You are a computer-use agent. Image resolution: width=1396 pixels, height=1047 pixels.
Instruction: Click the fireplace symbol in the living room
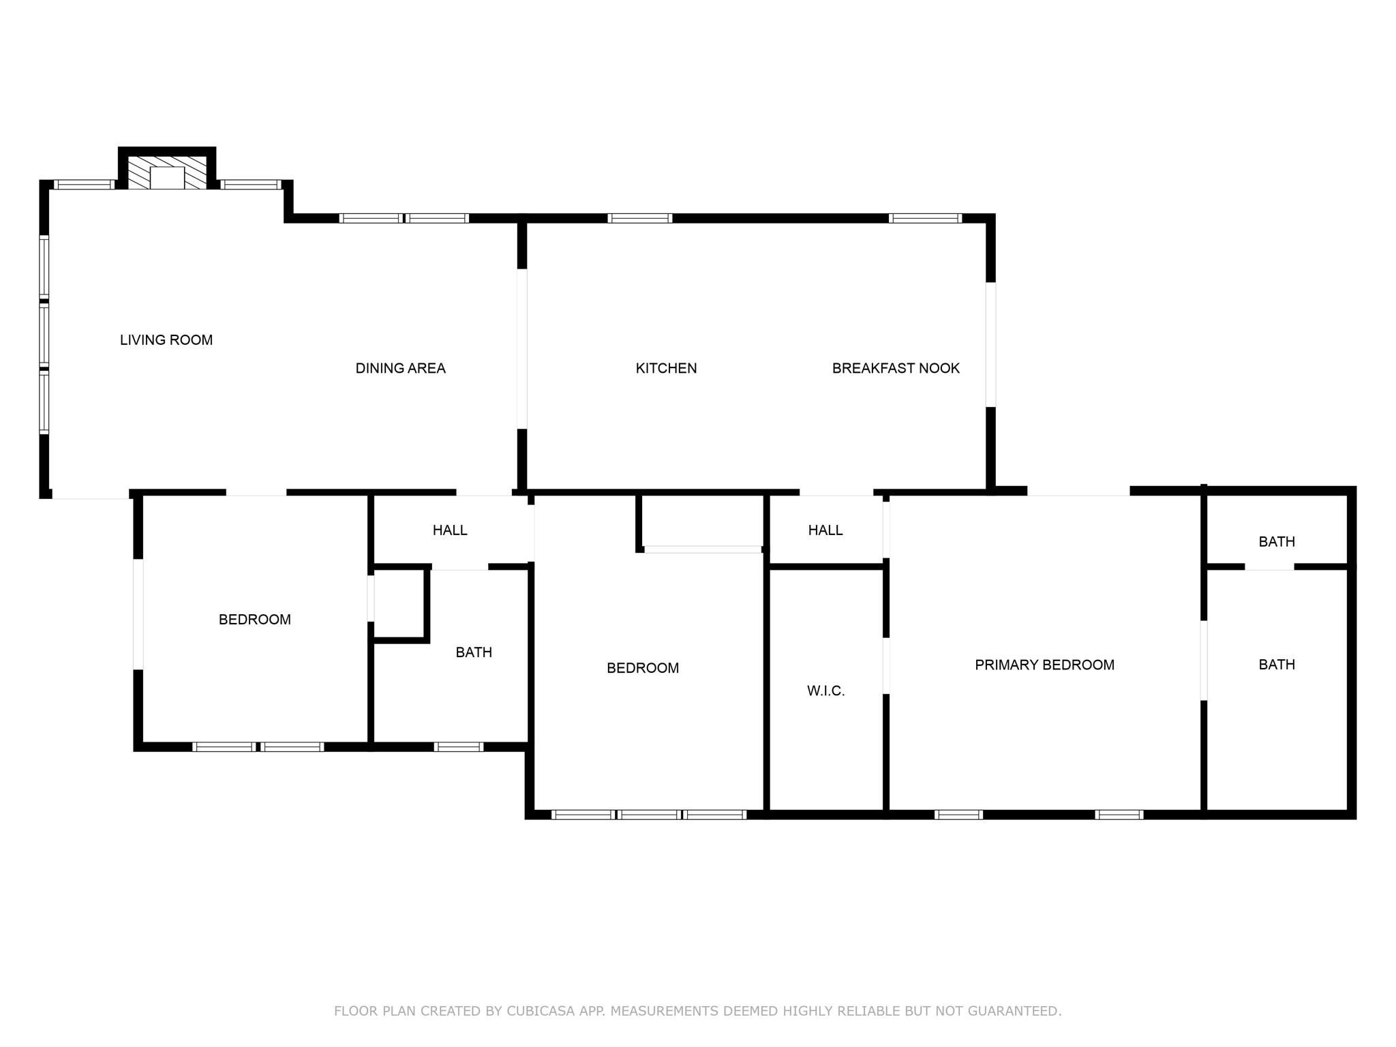click(167, 173)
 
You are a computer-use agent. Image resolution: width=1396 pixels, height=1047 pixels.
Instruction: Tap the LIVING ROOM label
click(166, 339)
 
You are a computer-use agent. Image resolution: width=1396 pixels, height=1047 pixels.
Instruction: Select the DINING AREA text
click(400, 368)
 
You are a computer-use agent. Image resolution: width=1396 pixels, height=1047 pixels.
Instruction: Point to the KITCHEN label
click(666, 368)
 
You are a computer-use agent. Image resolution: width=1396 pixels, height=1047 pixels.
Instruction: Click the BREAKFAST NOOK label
click(895, 368)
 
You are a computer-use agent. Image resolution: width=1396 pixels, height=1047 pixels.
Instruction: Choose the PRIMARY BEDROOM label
click(1044, 665)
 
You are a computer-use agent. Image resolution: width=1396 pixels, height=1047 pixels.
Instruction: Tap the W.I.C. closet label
click(825, 691)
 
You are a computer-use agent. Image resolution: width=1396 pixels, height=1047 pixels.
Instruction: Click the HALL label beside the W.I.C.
click(825, 530)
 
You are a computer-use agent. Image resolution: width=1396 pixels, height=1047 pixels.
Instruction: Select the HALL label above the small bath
click(450, 530)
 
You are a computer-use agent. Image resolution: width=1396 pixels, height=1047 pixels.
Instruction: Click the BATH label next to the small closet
click(474, 652)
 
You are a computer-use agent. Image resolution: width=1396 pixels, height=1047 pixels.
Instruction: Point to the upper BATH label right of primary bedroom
click(1276, 542)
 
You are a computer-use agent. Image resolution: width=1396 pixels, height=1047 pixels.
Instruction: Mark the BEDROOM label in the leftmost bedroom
click(254, 620)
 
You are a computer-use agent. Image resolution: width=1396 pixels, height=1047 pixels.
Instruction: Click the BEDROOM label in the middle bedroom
click(642, 668)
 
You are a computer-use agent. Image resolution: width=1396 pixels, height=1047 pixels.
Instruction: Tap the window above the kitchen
click(639, 218)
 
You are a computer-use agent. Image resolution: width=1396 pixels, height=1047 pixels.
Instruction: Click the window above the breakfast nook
click(925, 218)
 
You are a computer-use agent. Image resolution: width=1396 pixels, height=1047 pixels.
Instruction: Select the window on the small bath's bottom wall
click(458, 746)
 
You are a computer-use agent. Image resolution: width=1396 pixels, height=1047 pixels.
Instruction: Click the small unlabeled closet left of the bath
click(399, 603)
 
